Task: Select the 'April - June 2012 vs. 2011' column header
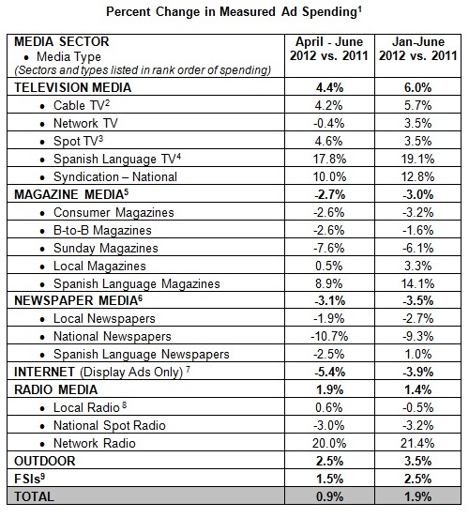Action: [x=323, y=50]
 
